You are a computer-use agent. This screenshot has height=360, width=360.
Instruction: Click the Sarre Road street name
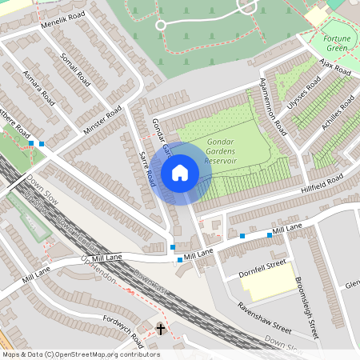click(146, 170)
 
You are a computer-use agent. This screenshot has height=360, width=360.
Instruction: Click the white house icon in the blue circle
click(180, 173)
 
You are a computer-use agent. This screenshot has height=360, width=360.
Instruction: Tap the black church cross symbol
click(160, 329)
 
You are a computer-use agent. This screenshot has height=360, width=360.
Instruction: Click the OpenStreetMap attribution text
click(80, 354)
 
